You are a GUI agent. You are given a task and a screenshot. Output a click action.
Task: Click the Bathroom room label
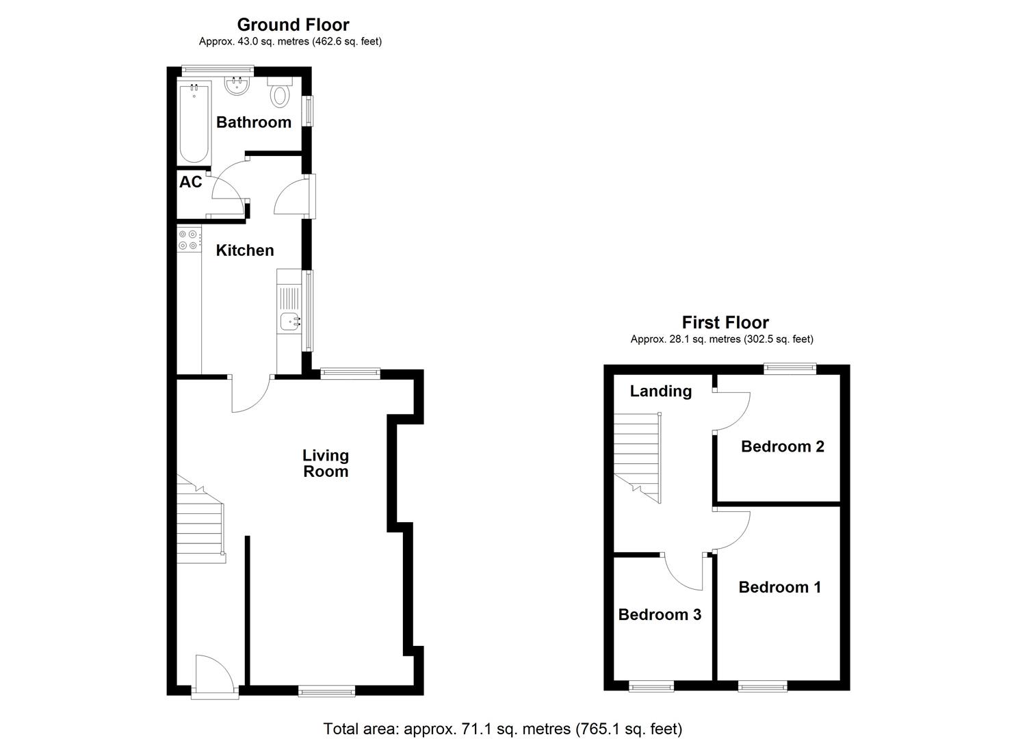coord(254,122)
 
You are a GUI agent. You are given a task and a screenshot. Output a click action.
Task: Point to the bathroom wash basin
coord(237,86)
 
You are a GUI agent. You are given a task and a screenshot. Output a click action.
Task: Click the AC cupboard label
coord(191,182)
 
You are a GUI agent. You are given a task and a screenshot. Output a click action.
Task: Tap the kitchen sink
coord(291,320)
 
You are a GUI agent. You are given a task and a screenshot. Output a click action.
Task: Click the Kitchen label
coord(245,250)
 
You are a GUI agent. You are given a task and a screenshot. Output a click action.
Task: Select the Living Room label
coord(326,463)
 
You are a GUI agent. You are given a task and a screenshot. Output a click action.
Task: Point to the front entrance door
coord(215,677)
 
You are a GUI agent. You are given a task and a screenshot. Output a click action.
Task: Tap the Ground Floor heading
coord(293,25)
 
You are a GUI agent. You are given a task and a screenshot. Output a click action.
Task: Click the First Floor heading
coord(725,322)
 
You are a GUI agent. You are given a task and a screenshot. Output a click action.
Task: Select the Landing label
coord(660,391)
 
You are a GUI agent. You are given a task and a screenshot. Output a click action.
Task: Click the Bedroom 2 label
coord(782,447)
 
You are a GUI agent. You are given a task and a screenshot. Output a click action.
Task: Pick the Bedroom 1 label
coord(779,587)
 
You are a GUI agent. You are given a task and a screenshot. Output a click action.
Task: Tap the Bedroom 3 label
coord(660,614)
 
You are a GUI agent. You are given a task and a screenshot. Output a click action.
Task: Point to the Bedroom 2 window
coord(790,369)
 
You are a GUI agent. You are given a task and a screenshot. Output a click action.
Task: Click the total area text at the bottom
coord(503,729)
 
